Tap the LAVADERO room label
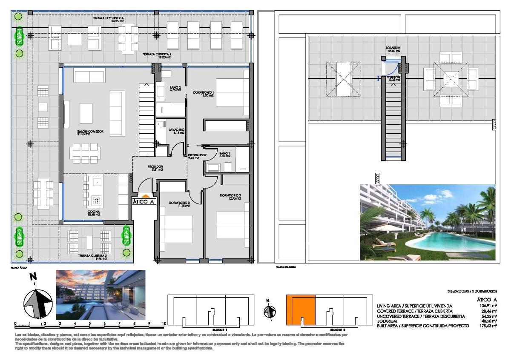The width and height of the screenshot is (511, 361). pos(176,131)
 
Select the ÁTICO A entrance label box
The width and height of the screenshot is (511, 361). pos(143,202)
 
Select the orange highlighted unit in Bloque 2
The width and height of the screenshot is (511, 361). pos(300,307)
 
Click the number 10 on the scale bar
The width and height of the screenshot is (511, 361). pos(164,324)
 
